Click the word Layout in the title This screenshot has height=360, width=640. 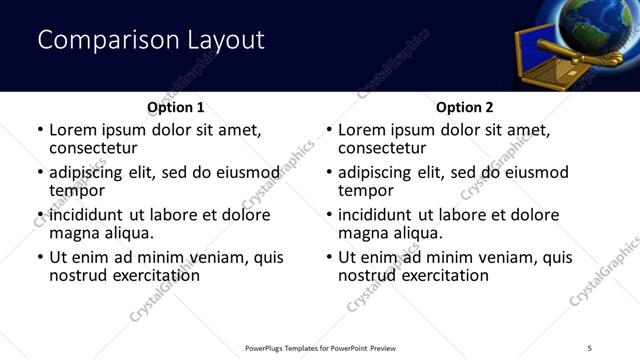225,40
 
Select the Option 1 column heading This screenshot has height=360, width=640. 176,107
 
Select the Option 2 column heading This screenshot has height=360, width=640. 465,107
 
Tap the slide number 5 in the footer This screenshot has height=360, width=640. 590,348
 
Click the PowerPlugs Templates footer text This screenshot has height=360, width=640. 321,348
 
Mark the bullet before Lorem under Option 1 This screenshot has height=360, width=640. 40,130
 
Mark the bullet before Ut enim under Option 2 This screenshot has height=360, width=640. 329,257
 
